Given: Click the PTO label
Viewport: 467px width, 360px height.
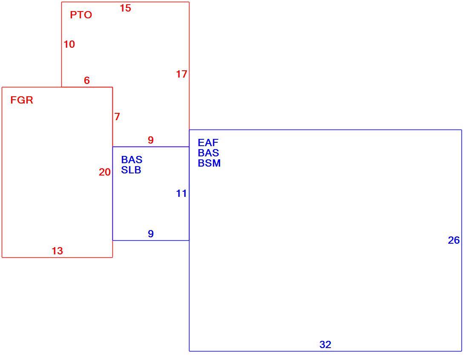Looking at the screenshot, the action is pyautogui.click(x=81, y=15).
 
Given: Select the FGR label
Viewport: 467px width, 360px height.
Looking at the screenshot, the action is pyautogui.click(x=22, y=100).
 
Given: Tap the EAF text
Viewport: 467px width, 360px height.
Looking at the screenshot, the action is pyautogui.click(x=208, y=142).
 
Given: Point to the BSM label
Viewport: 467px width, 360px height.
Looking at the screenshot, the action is pyautogui.click(x=209, y=163).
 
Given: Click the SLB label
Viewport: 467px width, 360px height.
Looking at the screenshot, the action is pyautogui.click(x=131, y=170).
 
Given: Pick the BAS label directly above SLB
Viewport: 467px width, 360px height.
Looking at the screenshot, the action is pyautogui.click(x=132, y=160).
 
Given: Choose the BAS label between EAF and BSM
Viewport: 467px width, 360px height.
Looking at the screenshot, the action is pyautogui.click(x=209, y=153).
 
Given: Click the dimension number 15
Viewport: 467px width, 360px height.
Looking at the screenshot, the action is pyautogui.click(x=126, y=9).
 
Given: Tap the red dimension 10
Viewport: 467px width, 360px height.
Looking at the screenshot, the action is pyautogui.click(x=69, y=44).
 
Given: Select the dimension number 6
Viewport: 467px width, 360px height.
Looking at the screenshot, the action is pyautogui.click(x=87, y=81).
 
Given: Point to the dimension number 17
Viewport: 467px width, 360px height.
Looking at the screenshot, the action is pyautogui.click(x=181, y=74).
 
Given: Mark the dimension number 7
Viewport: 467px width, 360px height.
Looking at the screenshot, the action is pyautogui.click(x=117, y=117).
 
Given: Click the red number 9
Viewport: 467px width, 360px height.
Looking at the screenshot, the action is pyautogui.click(x=151, y=140).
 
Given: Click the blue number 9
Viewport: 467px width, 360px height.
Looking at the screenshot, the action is pyautogui.click(x=151, y=233).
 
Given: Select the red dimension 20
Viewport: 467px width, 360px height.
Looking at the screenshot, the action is pyautogui.click(x=105, y=172).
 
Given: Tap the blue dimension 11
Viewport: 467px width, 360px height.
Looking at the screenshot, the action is pyautogui.click(x=181, y=194).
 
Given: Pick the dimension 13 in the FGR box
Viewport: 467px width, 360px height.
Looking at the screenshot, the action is pyautogui.click(x=57, y=251).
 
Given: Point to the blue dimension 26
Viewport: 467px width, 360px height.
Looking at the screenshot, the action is pyautogui.click(x=454, y=240).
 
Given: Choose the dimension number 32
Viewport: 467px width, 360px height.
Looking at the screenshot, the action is pyautogui.click(x=325, y=345).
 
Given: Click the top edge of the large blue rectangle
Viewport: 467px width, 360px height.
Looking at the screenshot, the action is pyautogui.click(x=325, y=130).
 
